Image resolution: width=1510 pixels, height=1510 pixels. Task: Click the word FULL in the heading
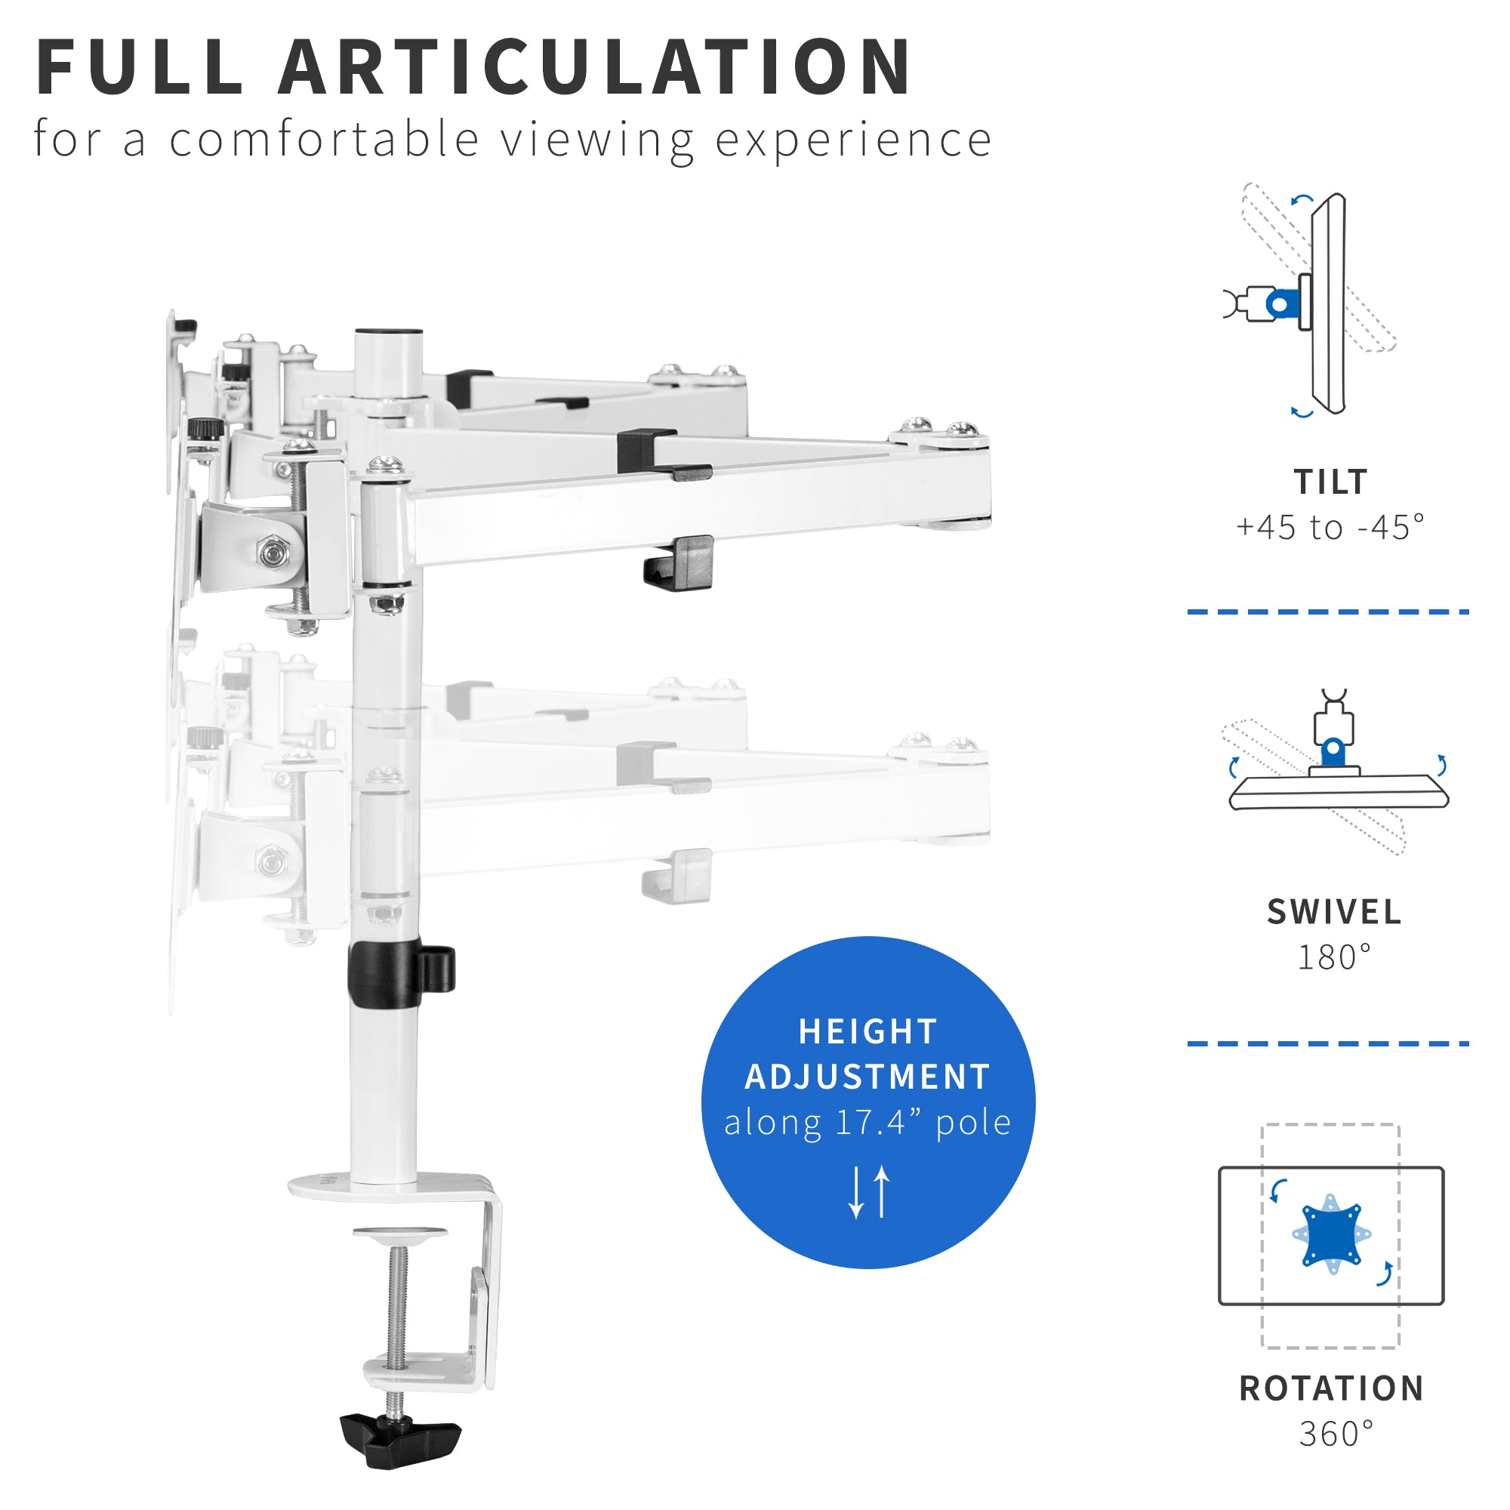[140, 68]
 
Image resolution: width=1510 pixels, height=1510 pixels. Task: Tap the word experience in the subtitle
[852, 140]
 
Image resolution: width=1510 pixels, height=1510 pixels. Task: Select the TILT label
[1330, 482]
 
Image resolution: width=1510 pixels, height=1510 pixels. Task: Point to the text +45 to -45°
[1330, 528]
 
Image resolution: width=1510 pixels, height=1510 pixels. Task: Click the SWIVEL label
[1334, 912]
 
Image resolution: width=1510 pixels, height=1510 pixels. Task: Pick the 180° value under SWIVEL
[1334, 957]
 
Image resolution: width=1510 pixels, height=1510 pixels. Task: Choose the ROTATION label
[1332, 1389]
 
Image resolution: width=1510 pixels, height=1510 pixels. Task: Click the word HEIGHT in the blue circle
[867, 1031]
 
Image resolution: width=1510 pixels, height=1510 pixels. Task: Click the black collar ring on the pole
[387, 974]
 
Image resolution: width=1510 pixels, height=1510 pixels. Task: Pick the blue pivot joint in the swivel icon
[1333, 752]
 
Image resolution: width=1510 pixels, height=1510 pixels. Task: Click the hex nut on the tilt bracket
[272, 553]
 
